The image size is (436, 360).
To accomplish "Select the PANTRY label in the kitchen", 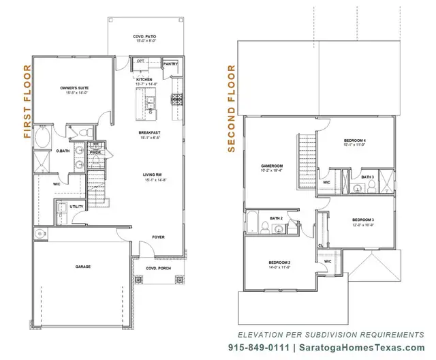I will tap(170, 65).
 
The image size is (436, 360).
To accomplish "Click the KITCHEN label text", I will tap(144, 80).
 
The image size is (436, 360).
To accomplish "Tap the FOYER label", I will tap(159, 237).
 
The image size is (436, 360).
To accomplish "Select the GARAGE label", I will tap(82, 267).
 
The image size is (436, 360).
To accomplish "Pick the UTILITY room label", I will tap(76, 206).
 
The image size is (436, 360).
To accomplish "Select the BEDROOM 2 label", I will tap(279, 262).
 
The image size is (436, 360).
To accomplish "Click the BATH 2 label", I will tap(276, 218).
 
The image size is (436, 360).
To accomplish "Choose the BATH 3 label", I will tap(367, 177).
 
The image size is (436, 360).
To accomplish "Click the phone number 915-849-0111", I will tap(257, 348).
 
